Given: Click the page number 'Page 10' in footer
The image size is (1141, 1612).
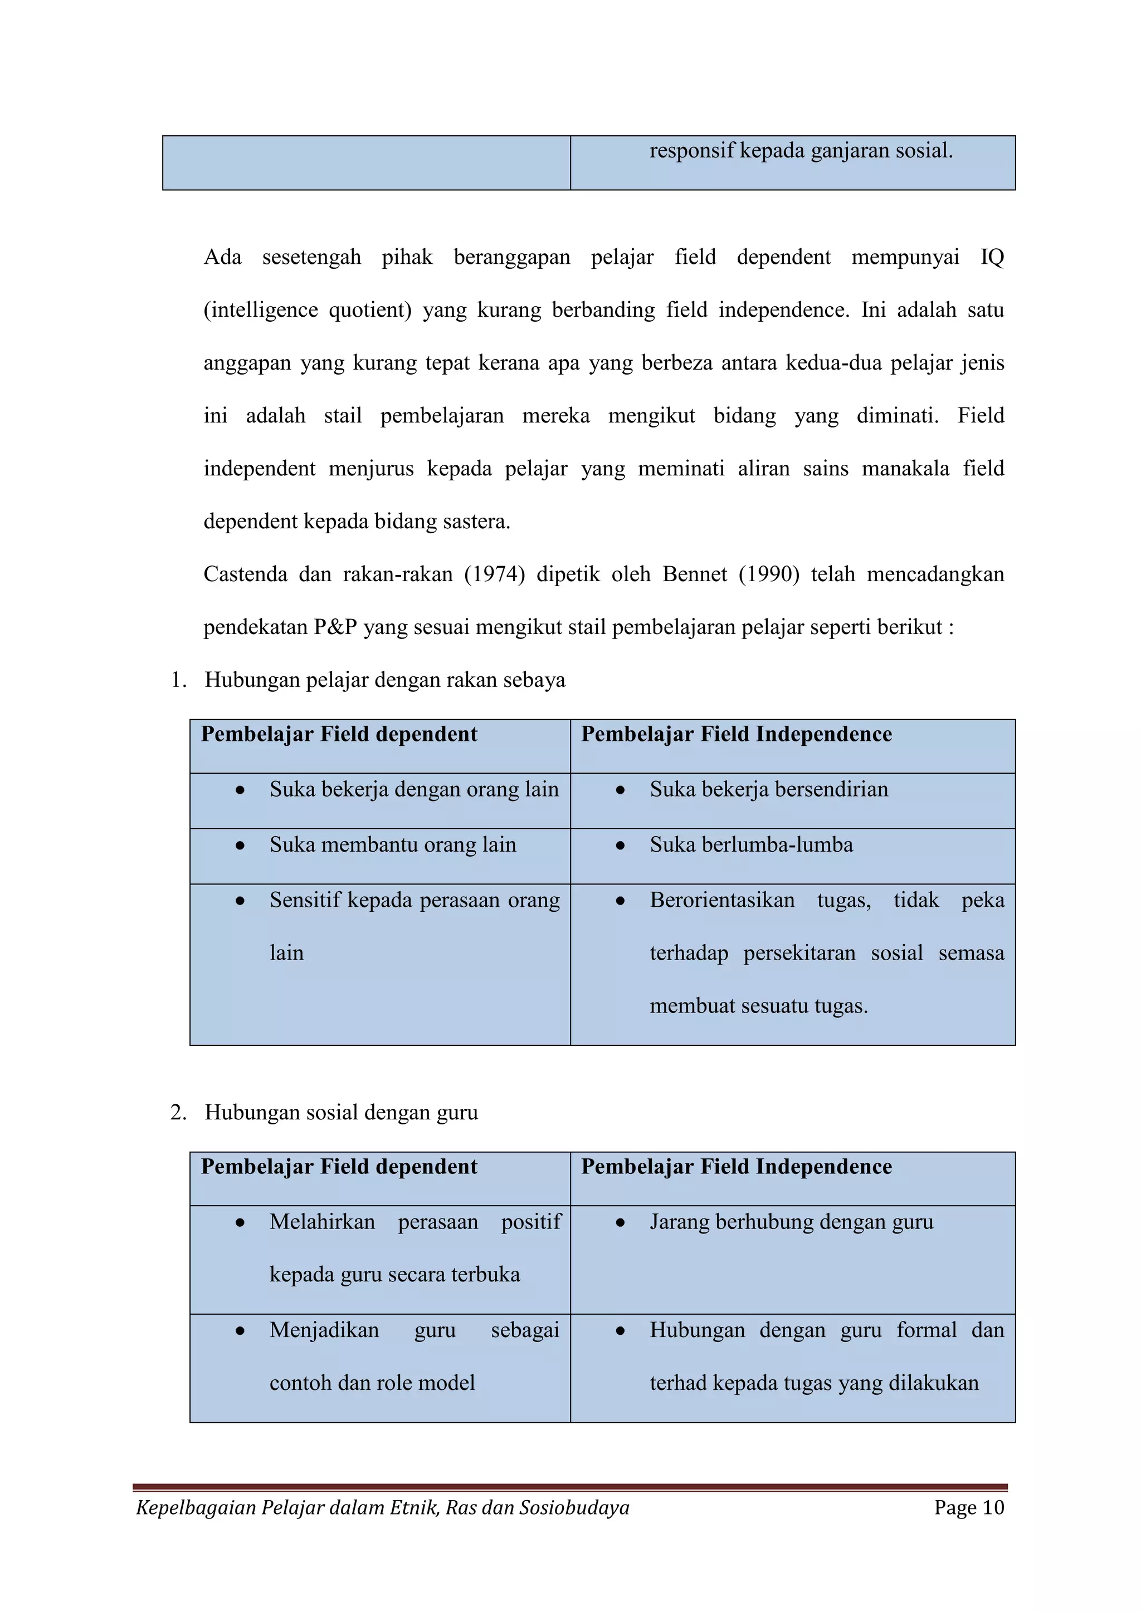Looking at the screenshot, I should coord(969,1507).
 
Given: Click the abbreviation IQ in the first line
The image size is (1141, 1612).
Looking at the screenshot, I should coord(992,257).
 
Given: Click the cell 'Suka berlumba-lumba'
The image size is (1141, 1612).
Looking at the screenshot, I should coord(751,844).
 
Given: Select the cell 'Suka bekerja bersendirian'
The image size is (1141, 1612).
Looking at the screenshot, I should coord(769,789).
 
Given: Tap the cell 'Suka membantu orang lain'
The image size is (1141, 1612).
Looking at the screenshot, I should coord(393,844).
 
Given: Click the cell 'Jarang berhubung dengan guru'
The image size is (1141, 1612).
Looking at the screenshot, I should coord(791,1222).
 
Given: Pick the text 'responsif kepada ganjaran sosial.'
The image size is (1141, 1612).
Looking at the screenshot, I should coord(801,150).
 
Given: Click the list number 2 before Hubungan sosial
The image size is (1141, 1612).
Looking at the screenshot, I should coord(178,1113).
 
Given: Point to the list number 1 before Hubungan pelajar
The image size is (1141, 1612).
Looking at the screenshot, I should coord(178,680).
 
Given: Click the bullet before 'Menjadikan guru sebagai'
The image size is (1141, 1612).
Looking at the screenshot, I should coord(240,1330).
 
